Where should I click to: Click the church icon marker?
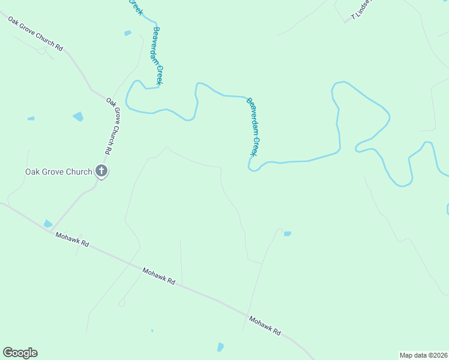[101, 172]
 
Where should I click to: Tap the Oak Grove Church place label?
[58, 172]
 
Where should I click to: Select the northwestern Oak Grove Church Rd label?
[35, 33]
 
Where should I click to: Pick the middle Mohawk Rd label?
[158, 276]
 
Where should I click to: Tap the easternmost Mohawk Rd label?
[264, 325]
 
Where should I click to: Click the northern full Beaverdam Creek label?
[157, 55]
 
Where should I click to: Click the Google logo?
[20, 353]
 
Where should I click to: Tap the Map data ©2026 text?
[423, 355]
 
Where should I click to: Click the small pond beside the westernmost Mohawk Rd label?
[47, 224]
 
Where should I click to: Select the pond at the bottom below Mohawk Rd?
[220, 347]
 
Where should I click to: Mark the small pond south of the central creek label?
[288, 233]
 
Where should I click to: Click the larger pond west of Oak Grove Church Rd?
[78, 116]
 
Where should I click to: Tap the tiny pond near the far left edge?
[31, 119]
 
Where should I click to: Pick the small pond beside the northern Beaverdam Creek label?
[127, 33]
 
